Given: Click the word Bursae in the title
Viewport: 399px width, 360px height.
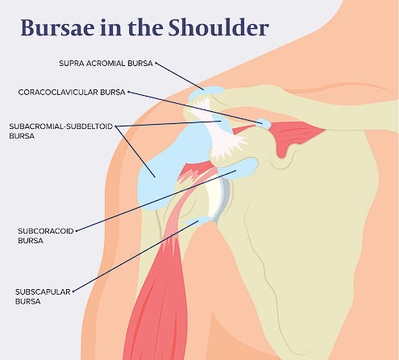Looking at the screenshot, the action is [x=57, y=27].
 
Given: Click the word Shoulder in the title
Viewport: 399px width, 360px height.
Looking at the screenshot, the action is [x=218, y=27].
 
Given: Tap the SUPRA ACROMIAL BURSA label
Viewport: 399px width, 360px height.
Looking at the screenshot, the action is [x=106, y=64].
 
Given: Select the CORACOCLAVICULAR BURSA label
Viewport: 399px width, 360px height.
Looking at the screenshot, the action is [x=72, y=93].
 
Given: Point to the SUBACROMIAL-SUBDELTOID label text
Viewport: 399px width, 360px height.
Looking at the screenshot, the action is [x=61, y=126].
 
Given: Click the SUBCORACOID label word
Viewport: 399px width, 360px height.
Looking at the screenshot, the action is [x=46, y=231].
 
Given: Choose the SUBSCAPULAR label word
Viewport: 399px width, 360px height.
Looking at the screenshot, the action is [x=43, y=292].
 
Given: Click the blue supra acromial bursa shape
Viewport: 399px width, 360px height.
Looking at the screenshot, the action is [x=206, y=93].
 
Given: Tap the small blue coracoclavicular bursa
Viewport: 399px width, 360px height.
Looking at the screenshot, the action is [x=264, y=124].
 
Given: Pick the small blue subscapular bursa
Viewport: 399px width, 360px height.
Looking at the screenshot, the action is [x=198, y=221].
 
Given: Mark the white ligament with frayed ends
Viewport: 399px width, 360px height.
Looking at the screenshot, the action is [x=220, y=129].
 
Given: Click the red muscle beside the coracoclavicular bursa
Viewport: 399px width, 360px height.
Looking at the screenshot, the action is [x=293, y=135].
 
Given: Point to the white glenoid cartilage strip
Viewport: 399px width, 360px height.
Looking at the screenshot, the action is [x=214, y=199].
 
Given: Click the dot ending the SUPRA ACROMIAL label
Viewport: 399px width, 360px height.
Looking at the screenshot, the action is [x=156, y=64].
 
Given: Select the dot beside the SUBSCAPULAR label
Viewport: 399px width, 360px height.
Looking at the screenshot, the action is [x=73, y=292].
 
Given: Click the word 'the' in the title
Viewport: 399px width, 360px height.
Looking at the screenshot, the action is [x=145, y=27].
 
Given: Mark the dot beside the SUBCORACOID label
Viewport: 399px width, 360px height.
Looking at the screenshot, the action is [x=77, y=231].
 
